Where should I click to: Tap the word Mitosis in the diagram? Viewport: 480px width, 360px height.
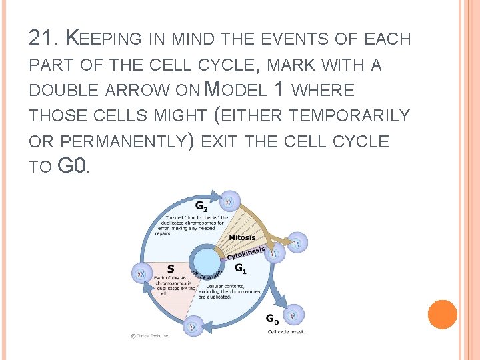(242, 237)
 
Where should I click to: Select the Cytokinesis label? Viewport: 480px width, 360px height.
(247, 254)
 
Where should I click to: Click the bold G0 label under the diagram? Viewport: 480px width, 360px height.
(273, 319)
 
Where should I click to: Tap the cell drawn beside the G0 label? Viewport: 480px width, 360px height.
(293, 313)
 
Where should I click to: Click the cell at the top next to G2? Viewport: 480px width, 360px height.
(231, 199)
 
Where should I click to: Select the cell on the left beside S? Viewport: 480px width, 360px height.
(141, 272)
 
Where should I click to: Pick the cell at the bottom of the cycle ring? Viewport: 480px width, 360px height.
(192, 327)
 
